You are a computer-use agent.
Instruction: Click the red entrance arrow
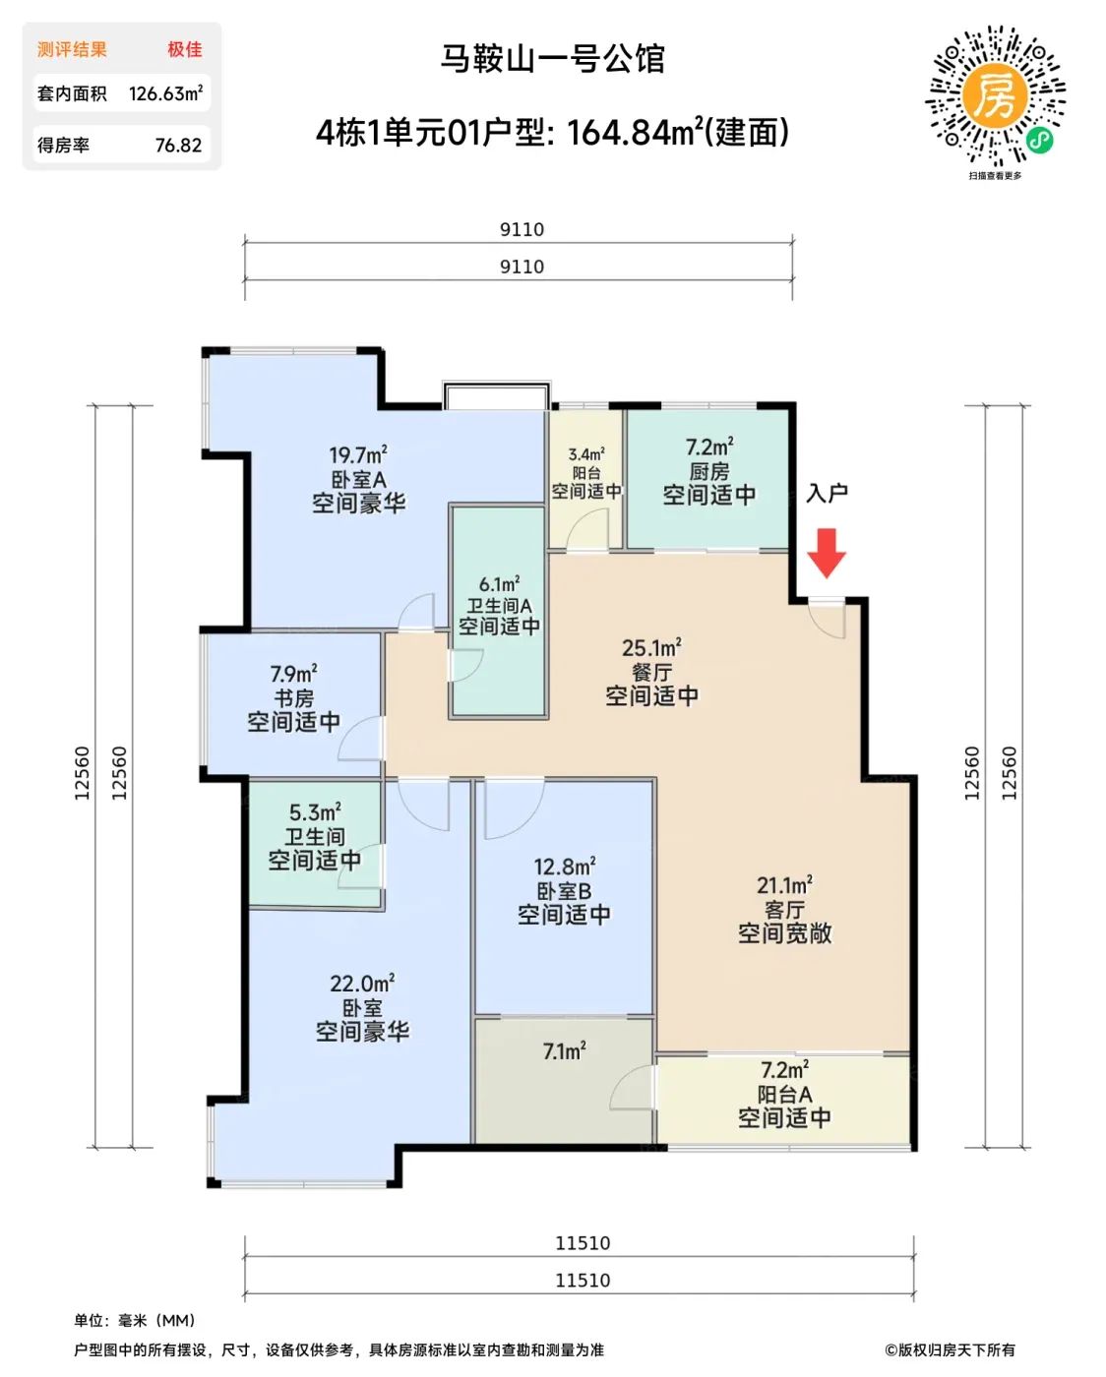pos(827,553)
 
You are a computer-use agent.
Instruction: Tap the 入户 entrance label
pos(827,494)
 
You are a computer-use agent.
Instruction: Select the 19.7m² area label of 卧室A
pos(358,455)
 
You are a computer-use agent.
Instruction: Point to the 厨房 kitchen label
pos(709,471)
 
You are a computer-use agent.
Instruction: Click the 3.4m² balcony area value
pos(586,454)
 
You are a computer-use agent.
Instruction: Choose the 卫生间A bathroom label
pos(499,605)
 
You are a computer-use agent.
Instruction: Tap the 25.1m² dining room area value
pos(651,647)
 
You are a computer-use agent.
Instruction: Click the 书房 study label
pos(294,697)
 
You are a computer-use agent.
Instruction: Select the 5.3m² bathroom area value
pos(315,812)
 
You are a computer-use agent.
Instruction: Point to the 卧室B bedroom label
pos(564,891)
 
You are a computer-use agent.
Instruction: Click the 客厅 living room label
pos(784,909)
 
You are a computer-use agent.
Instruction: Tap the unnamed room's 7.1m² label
pos(565,1050)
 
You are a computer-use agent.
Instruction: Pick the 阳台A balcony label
pos(784,1094)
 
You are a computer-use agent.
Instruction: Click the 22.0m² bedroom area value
pos(362,984)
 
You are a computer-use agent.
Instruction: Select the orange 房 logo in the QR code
pos(995,96)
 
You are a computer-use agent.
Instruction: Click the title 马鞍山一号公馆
pos(553,59)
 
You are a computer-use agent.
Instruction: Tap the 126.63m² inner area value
pos(165,93)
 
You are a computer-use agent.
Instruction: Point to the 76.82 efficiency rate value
pos(178,146)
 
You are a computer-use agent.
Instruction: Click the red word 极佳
pos(185,49)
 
